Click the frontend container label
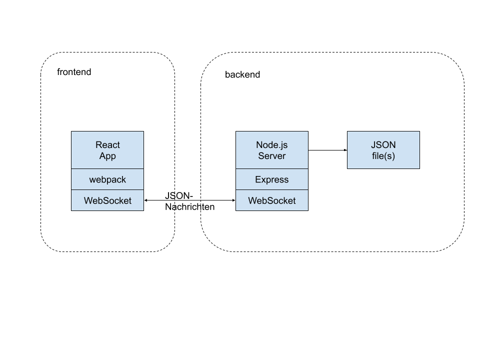pos(74,72)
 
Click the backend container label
pos(242,74)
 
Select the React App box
pos(107,150)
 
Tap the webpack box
pos(107,179)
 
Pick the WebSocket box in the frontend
pos(107,200)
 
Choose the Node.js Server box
pos(272,150)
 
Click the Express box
pos(272,179)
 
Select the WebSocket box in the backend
pos(272,200)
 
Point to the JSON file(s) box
pos(383,150)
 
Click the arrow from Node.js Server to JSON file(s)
pos(327,150)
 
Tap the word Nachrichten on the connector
pos(190,207)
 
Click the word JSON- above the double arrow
pos(179,195)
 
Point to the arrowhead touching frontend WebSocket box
pos(146,200)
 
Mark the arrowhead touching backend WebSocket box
pos(234,200)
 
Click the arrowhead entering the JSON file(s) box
pos(345,150)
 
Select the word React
pos(108,145)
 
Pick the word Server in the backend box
pos(272,156)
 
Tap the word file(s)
pos(383,156)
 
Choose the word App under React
pos(107,156)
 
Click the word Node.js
pos(272,145)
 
